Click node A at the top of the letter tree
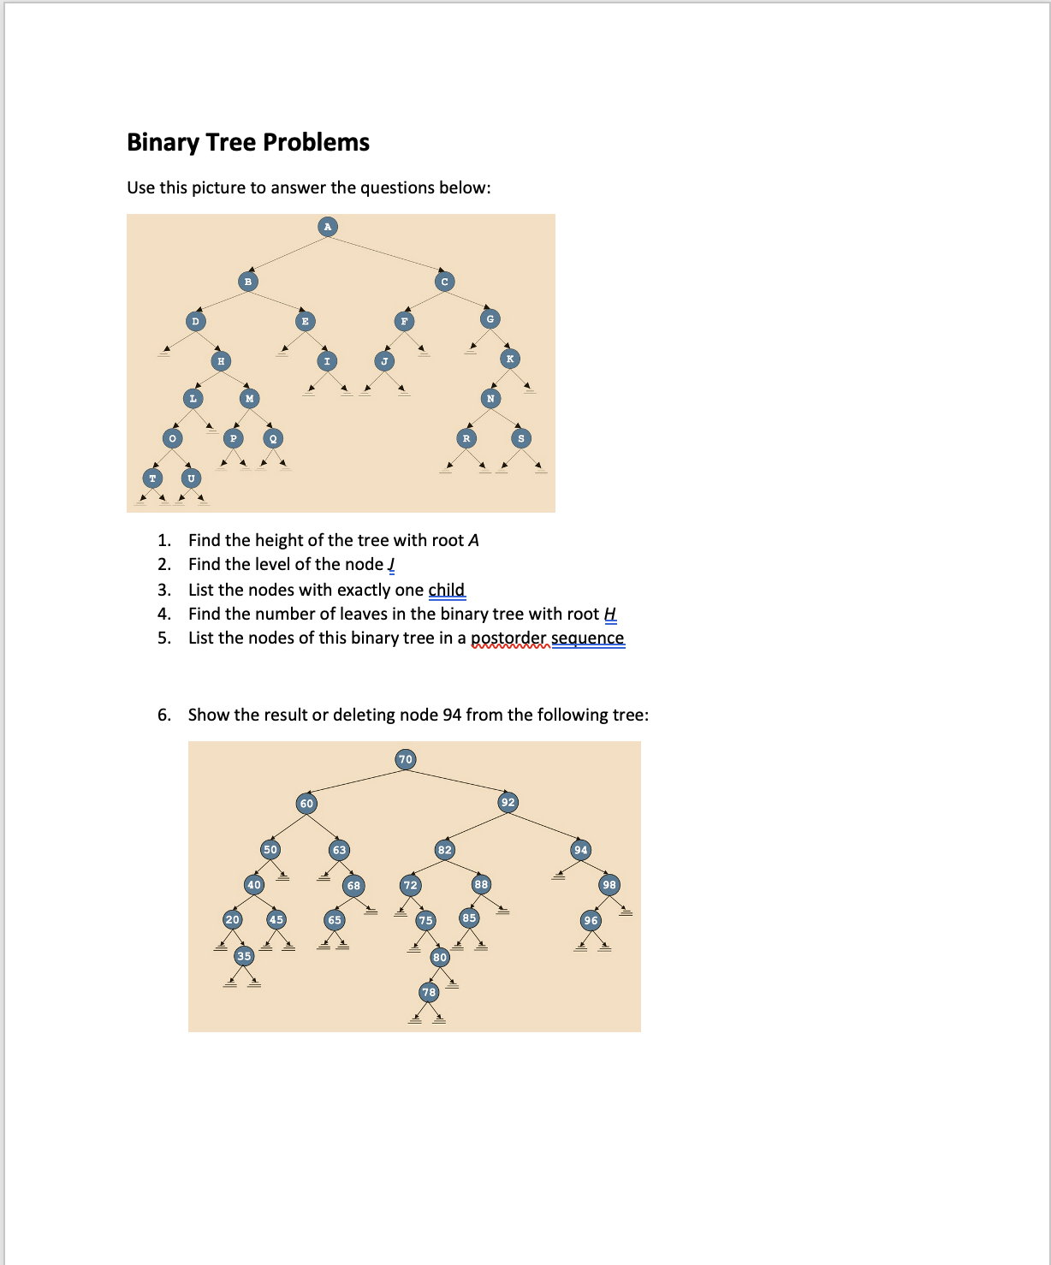(327, 227)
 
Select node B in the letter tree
(247, 281)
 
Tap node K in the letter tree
(509, 359)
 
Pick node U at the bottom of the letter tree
(191, 478)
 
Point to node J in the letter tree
(385, 361)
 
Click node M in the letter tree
(249, 398)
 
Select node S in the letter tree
(521, 438)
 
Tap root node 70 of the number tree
(406, 759)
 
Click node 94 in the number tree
(581, 850)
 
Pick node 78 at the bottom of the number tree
(429, 992)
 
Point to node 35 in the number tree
(245, 956)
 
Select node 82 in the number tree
(444, 850)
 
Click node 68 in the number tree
(353, 885)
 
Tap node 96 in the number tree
(591, 920)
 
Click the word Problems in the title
(317, 142)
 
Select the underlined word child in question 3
(446, 590)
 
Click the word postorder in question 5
(508, 638)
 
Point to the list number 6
(163, 715)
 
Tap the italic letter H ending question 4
(610, 614)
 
